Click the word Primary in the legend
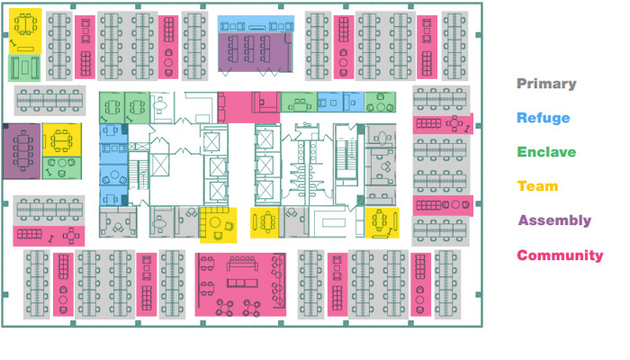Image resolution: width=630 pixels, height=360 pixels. [x=546, y=84]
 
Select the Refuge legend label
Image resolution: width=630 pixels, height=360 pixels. [x=544, y=118]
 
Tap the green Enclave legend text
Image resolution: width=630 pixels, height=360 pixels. [x=546, y=152]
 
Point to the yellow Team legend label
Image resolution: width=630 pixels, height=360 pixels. [x=537, y=186]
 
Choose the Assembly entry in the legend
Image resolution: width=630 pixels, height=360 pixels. [x=554, y=220]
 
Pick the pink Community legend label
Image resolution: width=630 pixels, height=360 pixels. [x=560, y=255]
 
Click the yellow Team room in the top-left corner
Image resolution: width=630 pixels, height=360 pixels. [x=25, y=31]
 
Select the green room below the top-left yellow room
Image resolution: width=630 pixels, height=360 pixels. [x=24, y=67]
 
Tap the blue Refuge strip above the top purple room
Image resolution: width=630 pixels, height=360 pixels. [x=256, y=24]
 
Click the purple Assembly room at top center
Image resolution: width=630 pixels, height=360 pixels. [x=256, y=52]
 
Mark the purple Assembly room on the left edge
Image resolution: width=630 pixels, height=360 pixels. [x=22, y=151]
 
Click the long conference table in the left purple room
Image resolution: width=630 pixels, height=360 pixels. [x=22, y=150]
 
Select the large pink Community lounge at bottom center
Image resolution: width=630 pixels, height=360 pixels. [x=240, y=284]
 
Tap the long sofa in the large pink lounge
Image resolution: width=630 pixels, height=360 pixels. [x=242, y=264]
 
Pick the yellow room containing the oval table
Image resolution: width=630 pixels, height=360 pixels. [x=264, y=222]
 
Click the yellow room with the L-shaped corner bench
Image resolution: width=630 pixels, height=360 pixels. [x=218, y=225]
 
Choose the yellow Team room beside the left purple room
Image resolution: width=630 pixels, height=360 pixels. [x=62, y=139]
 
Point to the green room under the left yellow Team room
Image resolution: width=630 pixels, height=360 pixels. [x=62, y=168]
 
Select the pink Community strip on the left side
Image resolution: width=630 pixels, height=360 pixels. [x=49, y=236]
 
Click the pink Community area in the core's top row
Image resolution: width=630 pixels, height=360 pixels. [x=248, y=107]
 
